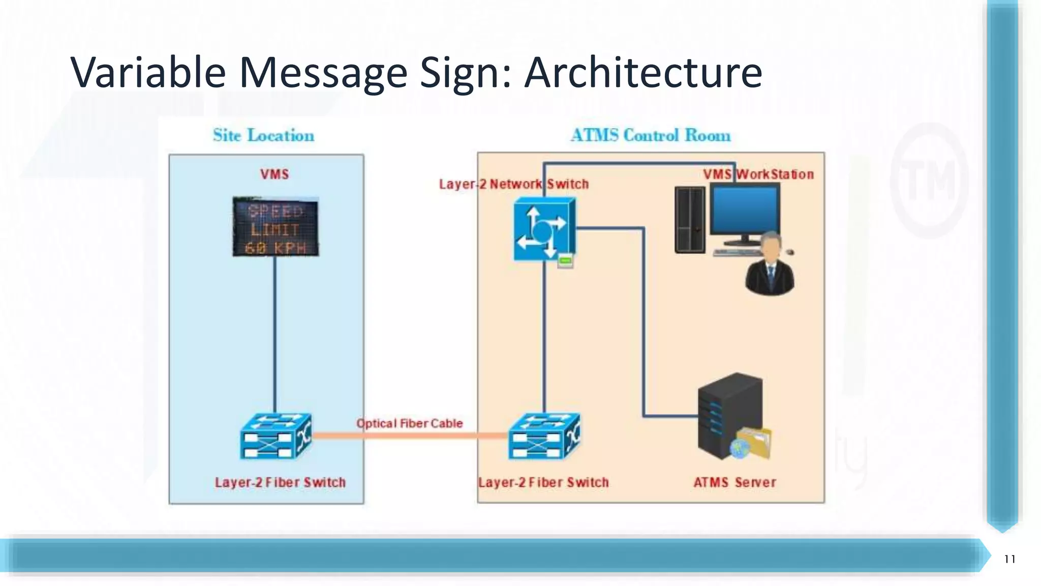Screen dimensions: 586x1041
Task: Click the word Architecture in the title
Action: coord(643,73)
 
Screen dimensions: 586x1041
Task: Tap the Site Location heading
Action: coord(263,135)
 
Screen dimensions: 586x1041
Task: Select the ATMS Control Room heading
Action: coord(650,135)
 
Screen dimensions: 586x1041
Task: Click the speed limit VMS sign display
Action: coord(275,227)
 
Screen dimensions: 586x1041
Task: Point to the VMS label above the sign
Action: coord(274,174)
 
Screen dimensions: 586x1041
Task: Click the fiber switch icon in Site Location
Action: coord(275,436)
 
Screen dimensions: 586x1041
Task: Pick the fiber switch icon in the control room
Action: coord(544,436)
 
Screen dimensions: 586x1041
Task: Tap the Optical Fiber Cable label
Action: coord(410,423)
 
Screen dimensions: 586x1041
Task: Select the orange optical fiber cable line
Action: coord(410,435)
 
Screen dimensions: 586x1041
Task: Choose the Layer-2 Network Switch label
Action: coord(513,184)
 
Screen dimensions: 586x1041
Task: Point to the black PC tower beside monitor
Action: coord(690,220)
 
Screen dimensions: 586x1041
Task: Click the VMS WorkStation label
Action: coord(758,174)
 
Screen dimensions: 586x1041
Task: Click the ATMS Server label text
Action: coord(734,482)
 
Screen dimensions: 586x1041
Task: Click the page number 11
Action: coord(1009,559)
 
